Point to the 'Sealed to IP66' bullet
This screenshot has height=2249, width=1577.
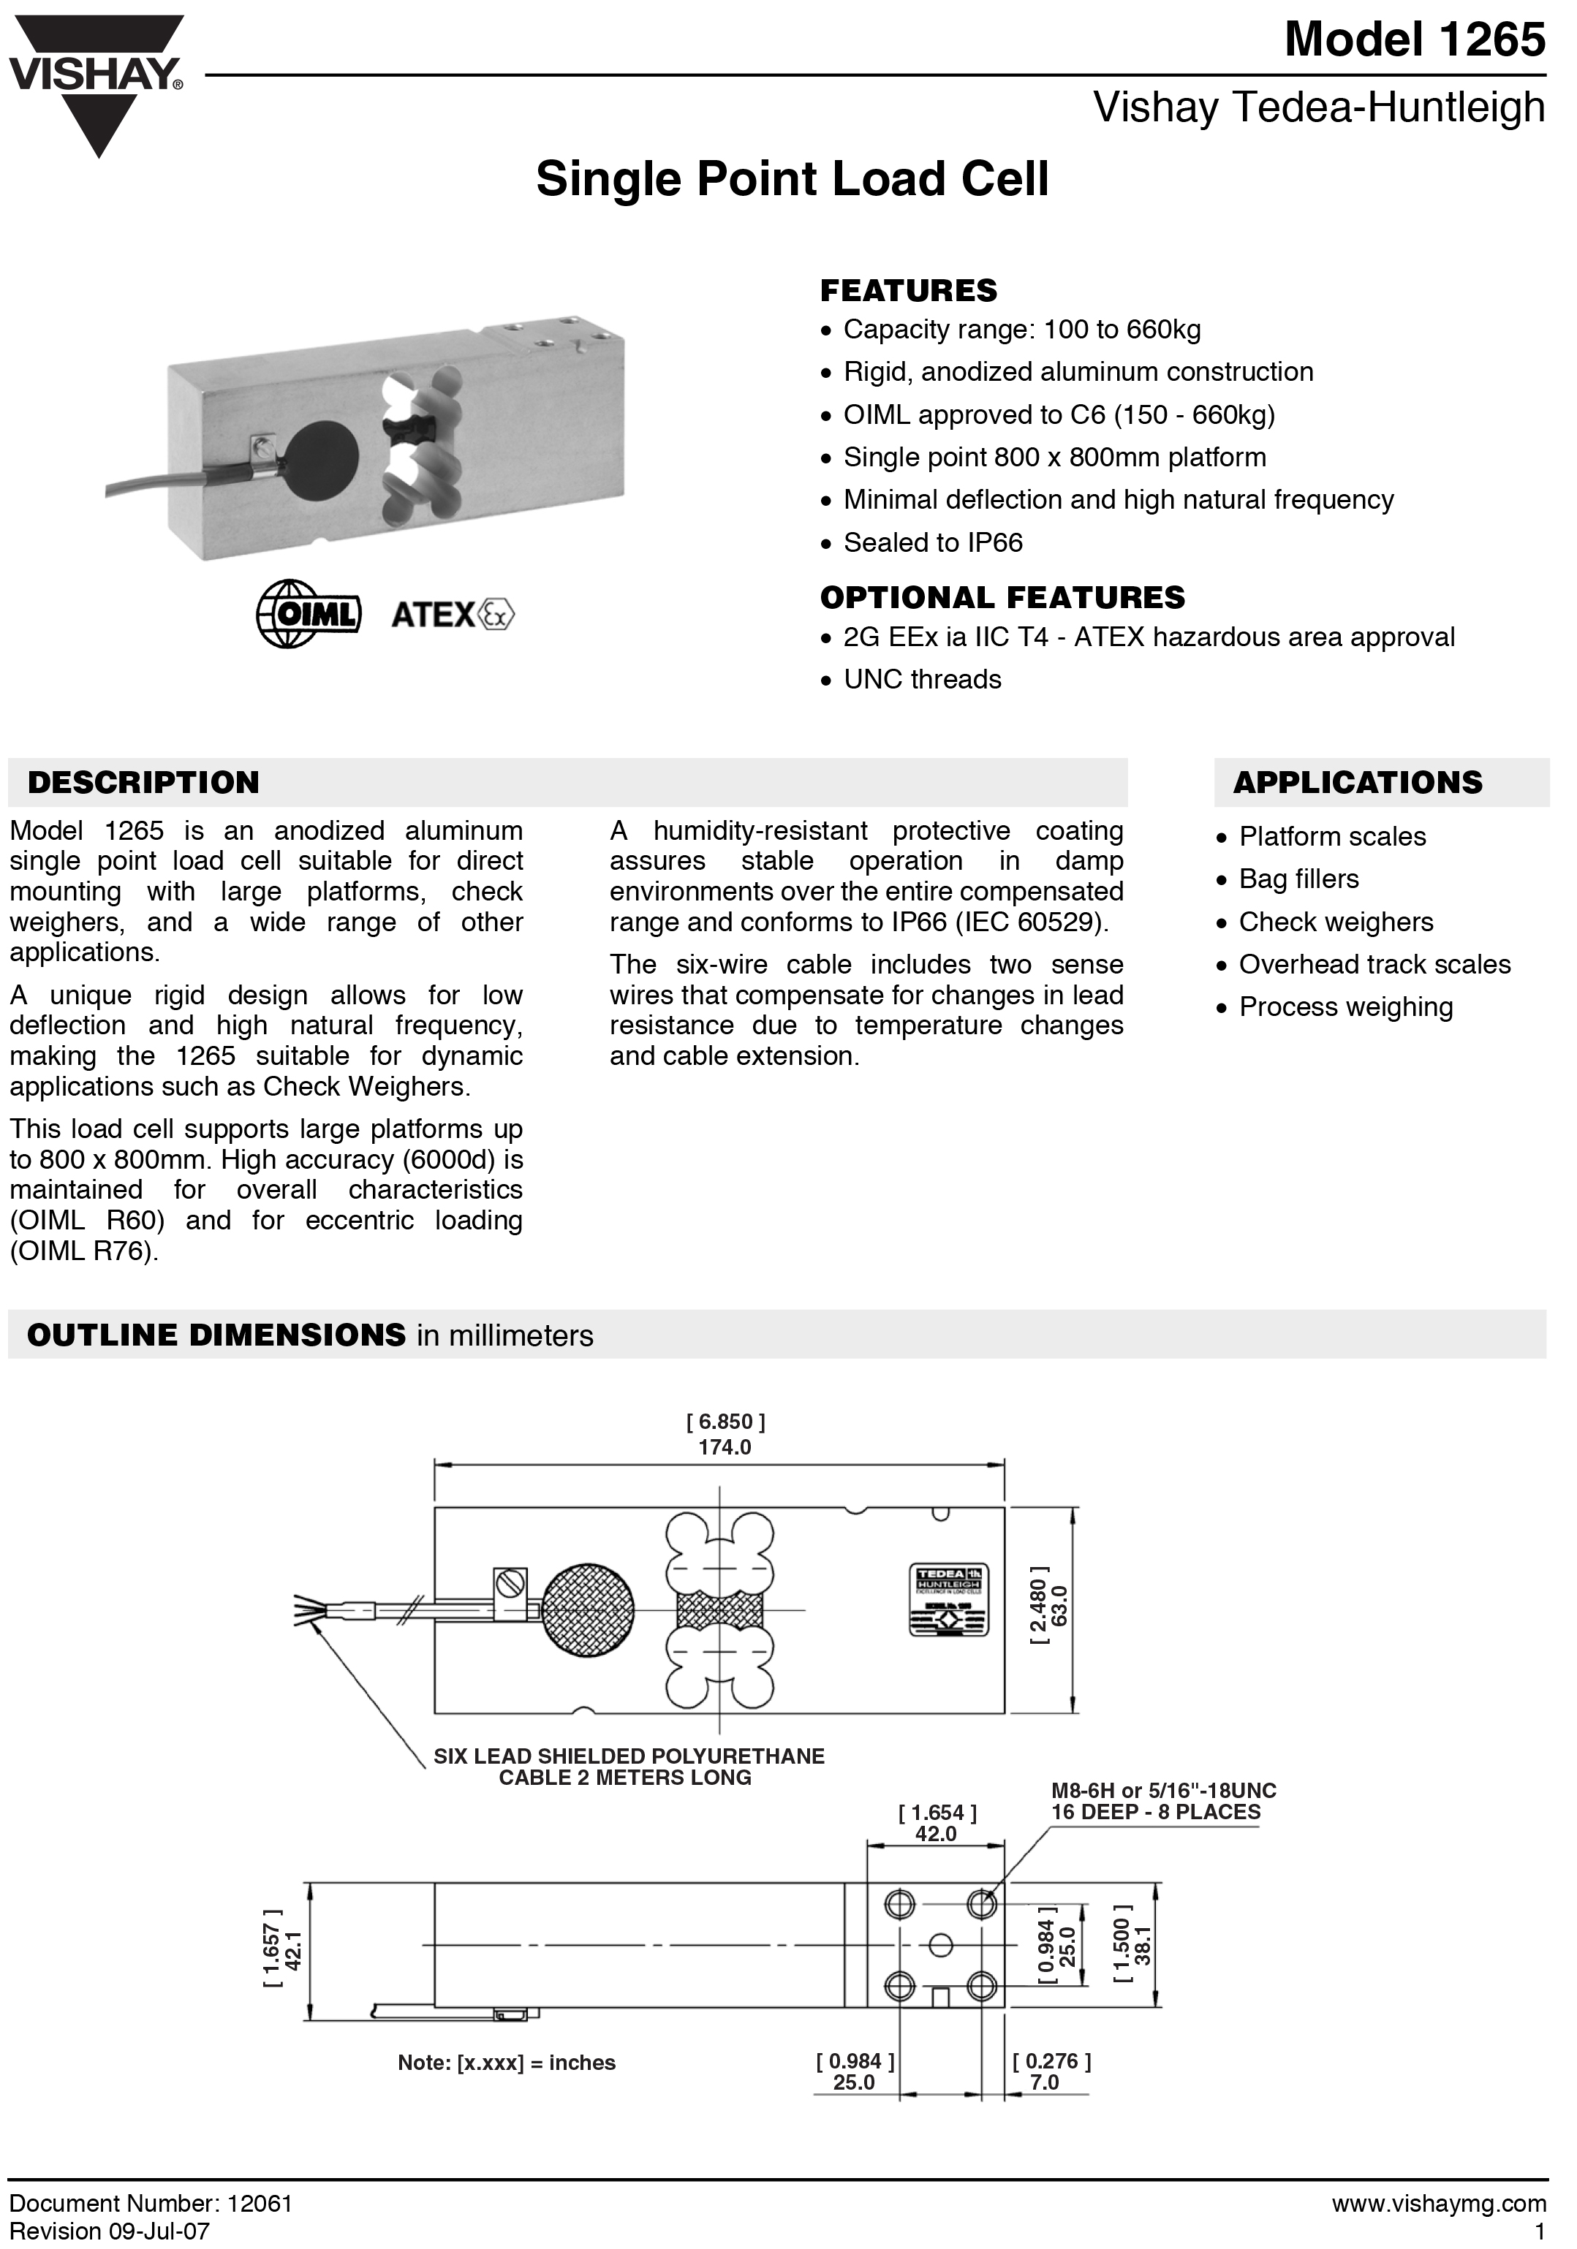[x=931, y=542]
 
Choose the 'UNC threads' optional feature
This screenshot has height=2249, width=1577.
[x=922, y=680]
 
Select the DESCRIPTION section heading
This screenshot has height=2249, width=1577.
[x=143, y=783]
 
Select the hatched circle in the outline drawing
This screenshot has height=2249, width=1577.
[x=588, y=1609]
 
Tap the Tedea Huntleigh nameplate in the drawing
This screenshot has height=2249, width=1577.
[x=948, y=1598]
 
